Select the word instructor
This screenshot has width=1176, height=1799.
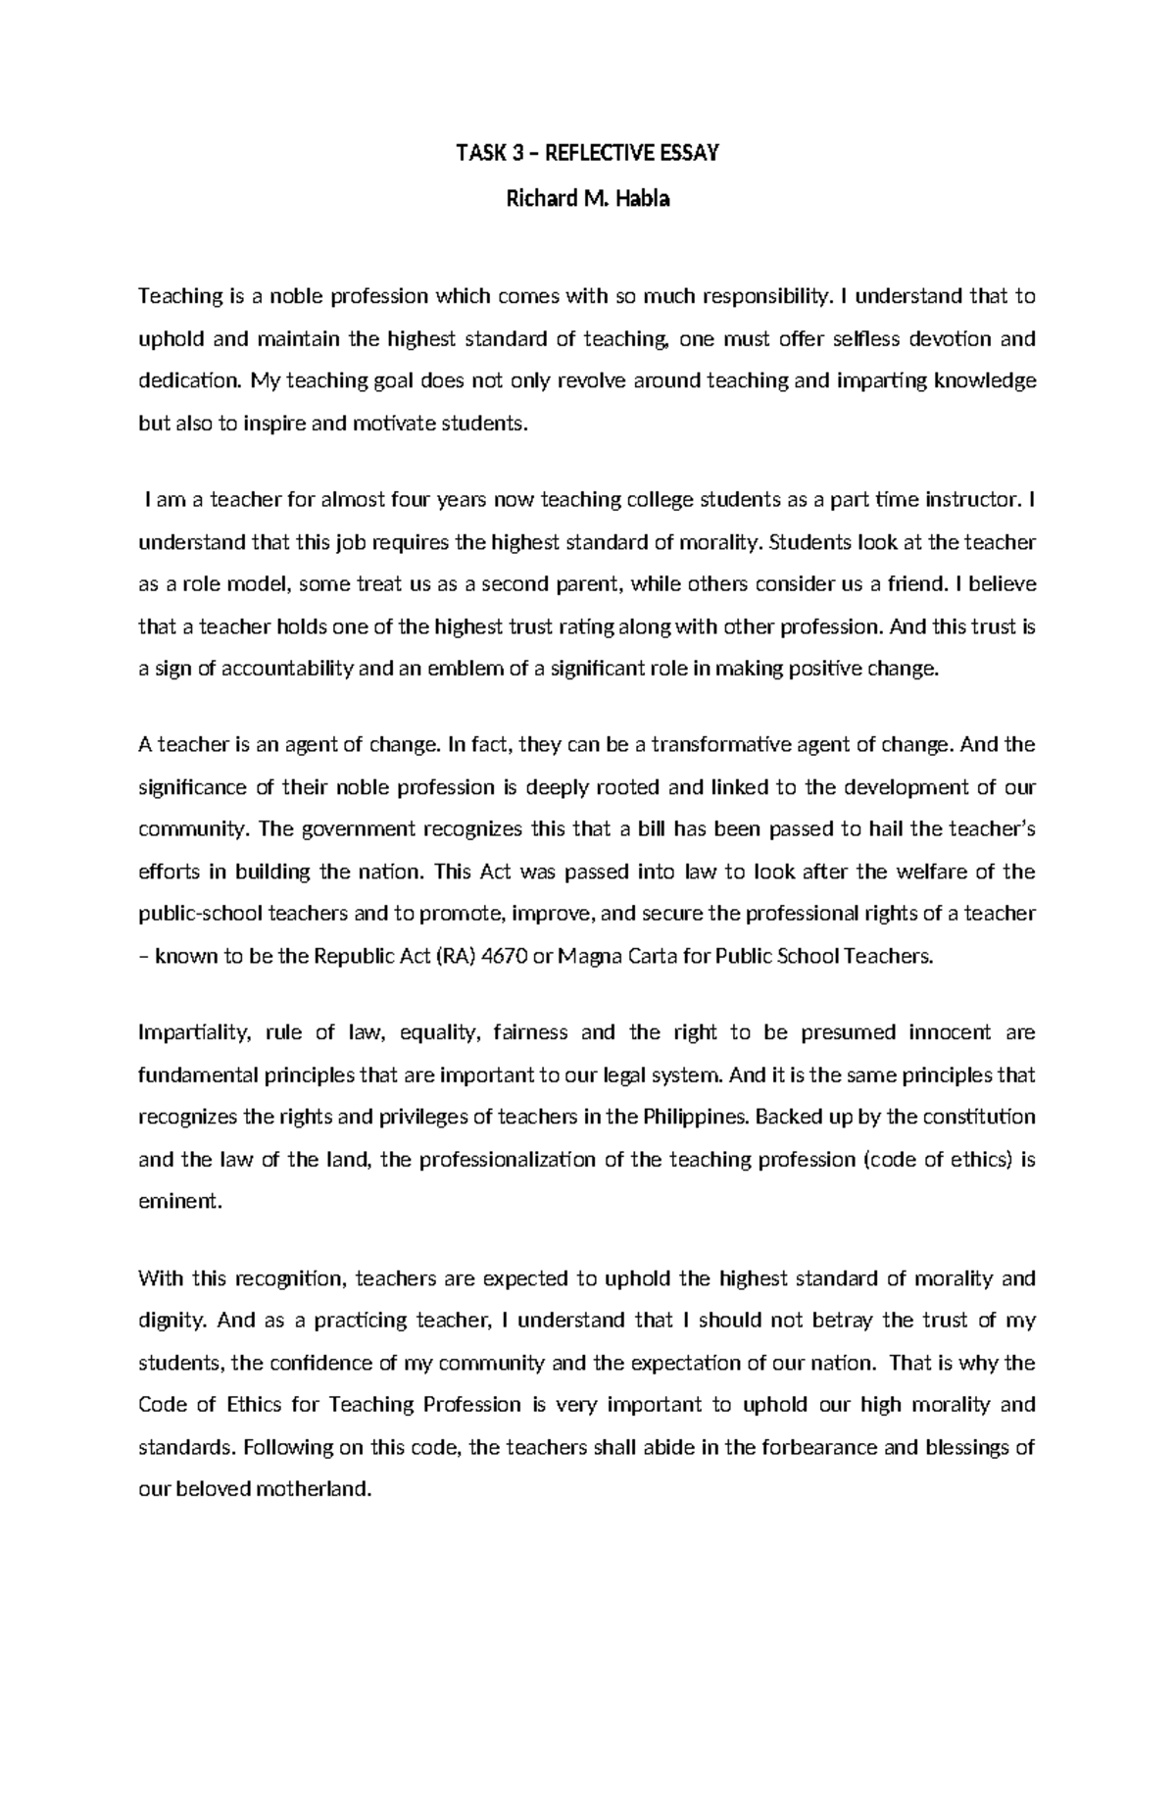pyautogui.click(x=968, y=500)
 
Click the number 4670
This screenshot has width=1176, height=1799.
pyautogui.click(x=500, y=956)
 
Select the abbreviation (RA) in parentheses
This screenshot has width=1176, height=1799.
pyautogui.click(x=451, y=956)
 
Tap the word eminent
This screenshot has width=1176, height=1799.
pyautogui.click(x=180, y=1202)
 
